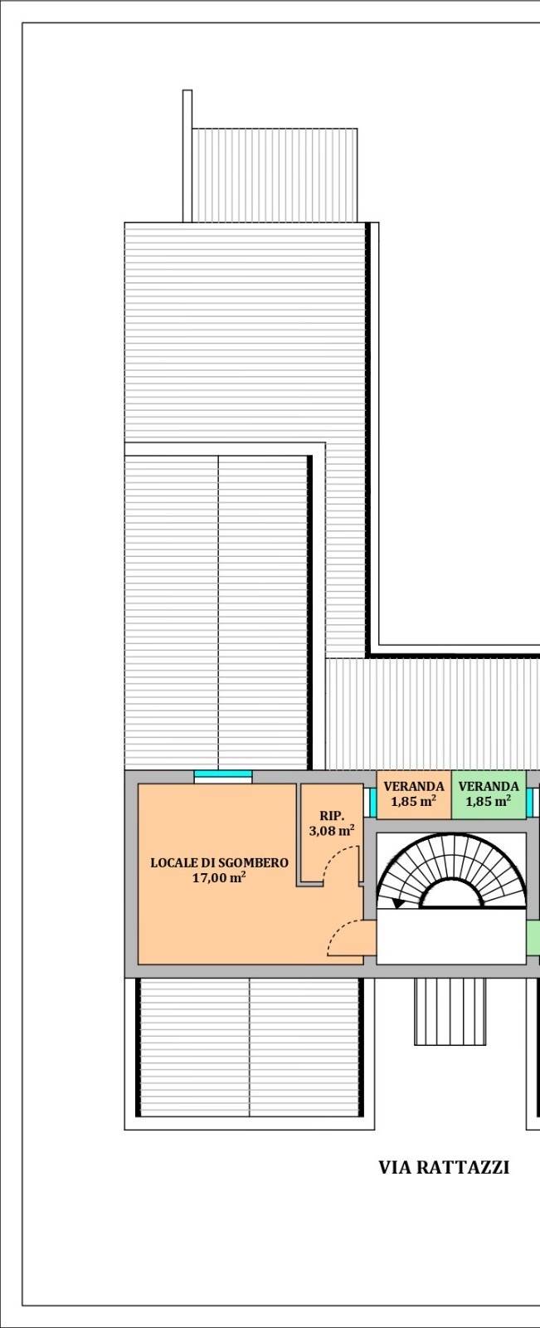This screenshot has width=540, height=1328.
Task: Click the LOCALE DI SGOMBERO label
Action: pyautogui.click(x=219, y=862)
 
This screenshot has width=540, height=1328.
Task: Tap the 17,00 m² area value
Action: pyautogui.click(x=219, y=877)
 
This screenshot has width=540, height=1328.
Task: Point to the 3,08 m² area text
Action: pyautogui.click(x=332, y=830)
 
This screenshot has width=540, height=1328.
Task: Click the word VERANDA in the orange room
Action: pyautogui.click(x=414, y=787)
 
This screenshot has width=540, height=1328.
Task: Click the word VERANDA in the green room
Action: pyautogui.click(x=489, y=787)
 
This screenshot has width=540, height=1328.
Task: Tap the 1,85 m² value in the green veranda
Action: pyautogui.click(x=489, y=802)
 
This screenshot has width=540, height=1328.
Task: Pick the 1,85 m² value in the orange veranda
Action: pyautogui.click(x=414, y=802)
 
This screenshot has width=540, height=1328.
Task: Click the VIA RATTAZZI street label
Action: pyautogui.click(x=444, y=1167)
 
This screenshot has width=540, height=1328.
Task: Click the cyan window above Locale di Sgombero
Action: pyautogui.click(x=223, y=774)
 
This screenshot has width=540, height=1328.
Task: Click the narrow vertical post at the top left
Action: pyautogui.click(x=187, y=156)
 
